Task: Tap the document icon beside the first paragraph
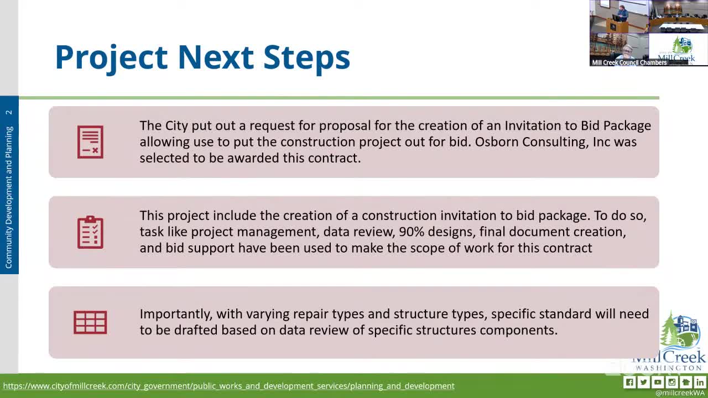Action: click(x=90, y=142)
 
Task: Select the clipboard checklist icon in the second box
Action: click(x=90, y=232)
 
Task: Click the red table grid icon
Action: click(x=90, y=322)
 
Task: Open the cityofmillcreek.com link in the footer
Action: click(x=228, y=386)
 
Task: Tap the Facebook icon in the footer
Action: click(x=629, y=382)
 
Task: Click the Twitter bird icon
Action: click(x=643, y=382)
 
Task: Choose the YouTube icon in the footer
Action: click(x=658, y=382)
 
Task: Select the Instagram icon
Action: click(x=672, y=382)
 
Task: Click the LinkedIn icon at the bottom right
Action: click(x=700, y=382)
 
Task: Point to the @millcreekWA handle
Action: click(x=680, y=393)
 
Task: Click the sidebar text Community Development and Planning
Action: click(x=9, y=197)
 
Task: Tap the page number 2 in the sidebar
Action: click(x=9, y=112)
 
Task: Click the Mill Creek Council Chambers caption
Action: click(x=629, y=62)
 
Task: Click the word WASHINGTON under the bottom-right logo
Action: click(x=670, y=368)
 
